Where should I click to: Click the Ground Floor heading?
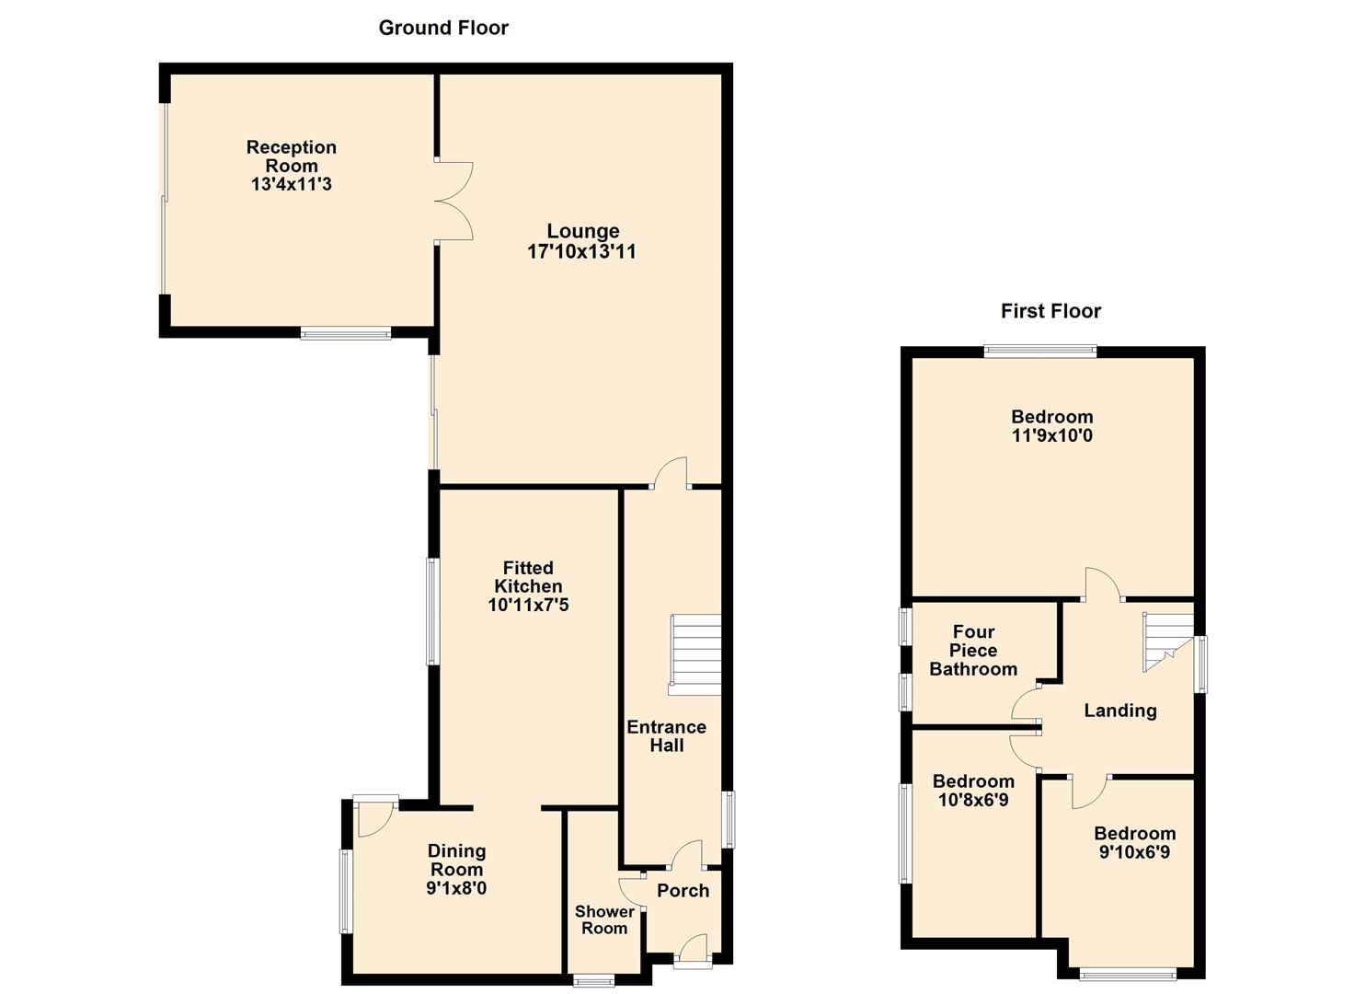[443, 28]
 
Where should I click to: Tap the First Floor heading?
[1050, 311]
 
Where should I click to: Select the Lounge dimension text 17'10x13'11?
[581, 251]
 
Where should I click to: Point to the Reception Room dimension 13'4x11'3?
[292, 184]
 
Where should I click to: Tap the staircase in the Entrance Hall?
[695, 654]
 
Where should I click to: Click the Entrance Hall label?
[667, 736]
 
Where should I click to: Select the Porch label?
[683, 891]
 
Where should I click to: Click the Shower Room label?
[604, 920]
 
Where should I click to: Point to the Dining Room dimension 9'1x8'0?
[456, 888]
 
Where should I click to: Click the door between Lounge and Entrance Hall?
[670, 473]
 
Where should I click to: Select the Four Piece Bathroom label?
[973, 651]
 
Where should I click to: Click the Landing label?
[1120, 711]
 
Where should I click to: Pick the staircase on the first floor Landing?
[1168, 641]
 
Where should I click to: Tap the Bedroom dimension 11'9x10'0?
[1052, 435]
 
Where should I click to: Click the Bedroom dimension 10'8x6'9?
[973, 800]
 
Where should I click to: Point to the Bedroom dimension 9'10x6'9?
[1134, 852]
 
